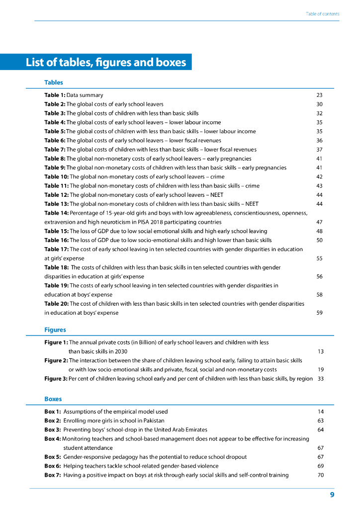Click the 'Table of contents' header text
[322, 14]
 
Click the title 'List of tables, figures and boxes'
[106, 63]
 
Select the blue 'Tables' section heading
[54, 83]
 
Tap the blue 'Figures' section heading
[55, 330]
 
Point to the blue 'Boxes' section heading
[53, 399]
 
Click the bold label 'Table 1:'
[55, 95]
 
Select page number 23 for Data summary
[319, 95]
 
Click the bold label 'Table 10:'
[56, 176]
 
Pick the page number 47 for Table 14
[319, 222]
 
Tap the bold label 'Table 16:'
[56, 240]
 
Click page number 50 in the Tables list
[319, 240]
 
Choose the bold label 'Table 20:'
[56, 304]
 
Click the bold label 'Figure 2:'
[56, 360]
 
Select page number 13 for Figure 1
[320, 351]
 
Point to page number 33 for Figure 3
[320, 379]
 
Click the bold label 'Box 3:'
[53, 429]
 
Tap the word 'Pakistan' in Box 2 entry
[153, 421]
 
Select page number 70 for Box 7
[320, 475]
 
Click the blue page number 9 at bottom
[332, 495]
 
